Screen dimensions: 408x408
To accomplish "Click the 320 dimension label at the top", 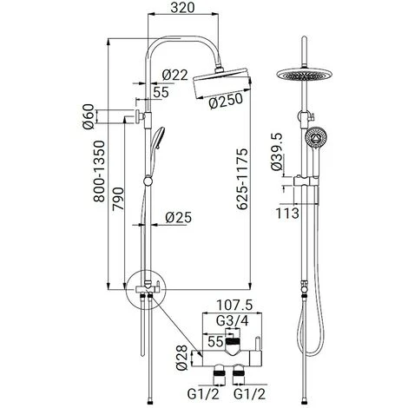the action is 182,8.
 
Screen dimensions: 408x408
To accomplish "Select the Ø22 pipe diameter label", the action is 175,76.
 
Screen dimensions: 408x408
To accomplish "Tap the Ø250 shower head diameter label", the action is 226,101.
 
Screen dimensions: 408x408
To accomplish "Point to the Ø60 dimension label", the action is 89,116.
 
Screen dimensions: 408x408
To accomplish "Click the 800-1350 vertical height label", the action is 98,171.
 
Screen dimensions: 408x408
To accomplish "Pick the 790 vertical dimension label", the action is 118,199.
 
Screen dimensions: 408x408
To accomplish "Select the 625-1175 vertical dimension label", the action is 242,179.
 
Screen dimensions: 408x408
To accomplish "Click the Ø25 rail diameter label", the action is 179,218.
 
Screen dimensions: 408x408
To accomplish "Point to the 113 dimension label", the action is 287,214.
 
